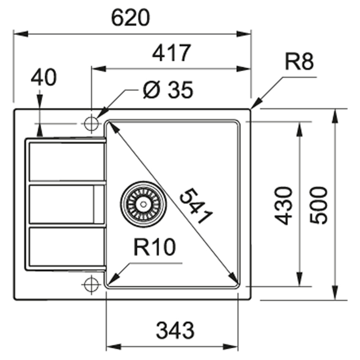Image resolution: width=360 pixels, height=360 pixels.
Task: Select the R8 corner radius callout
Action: click(299, 63)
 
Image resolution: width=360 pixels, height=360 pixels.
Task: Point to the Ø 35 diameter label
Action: click(168, 90)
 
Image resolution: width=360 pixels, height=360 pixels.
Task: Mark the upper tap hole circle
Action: click(92, 124)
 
